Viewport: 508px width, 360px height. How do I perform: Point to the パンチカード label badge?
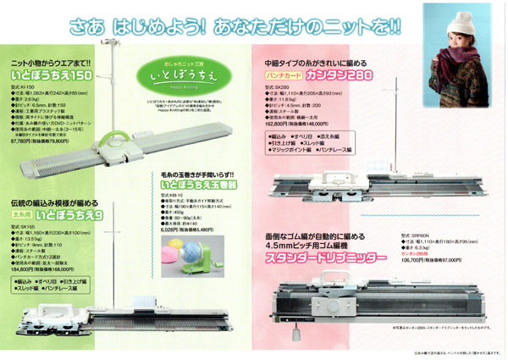pos(288,76)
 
